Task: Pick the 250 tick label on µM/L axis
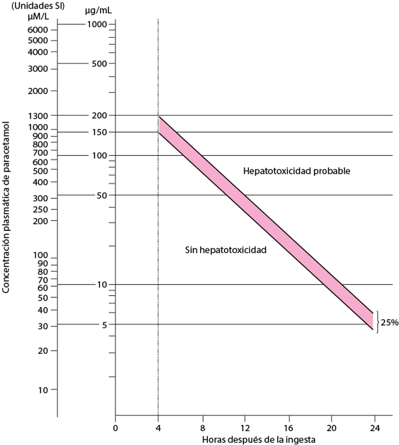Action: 40,209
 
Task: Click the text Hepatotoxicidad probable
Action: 297,171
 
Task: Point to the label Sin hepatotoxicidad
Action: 226,249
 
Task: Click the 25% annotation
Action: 389,322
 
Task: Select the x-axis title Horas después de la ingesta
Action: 259,440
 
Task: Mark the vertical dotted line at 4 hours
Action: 158,266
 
